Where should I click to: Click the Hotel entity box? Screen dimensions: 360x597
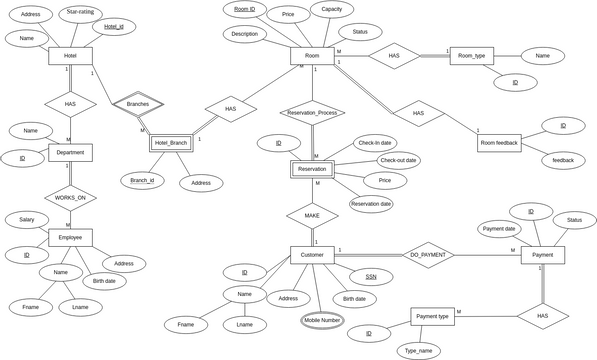pyautogui.click(x=70, y=56)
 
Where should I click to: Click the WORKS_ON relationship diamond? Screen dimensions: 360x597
pyautogui.click(x=70, y=198)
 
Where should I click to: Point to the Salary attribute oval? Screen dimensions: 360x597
pyautogui.click(x=27, y=219)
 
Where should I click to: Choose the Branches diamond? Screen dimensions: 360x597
pyautogui.click(x=138, y=104)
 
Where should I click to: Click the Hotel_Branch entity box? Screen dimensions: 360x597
pyautogui.click(x=171, y=143)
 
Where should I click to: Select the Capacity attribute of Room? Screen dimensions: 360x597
pyautogui.click(x=331, y=10)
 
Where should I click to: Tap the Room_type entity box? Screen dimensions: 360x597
pyautogui.click(x=471, y=56)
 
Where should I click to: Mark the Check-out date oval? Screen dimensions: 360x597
pyautogui.click(x=397, y=160)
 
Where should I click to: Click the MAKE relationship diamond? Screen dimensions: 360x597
pyautogui.click(x=312, y=215)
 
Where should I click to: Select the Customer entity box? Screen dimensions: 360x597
pyautogui.click(x=312, y=256)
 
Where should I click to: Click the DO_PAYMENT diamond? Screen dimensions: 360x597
pyautogui.click(x=428, y=255)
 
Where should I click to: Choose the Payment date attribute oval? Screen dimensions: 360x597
pyautogui.click(x=499, y=229)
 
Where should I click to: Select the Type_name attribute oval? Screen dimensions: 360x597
pyautogui.click(x=418, y=351)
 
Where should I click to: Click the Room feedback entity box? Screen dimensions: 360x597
pyautogui.click(x=499, y=143)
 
